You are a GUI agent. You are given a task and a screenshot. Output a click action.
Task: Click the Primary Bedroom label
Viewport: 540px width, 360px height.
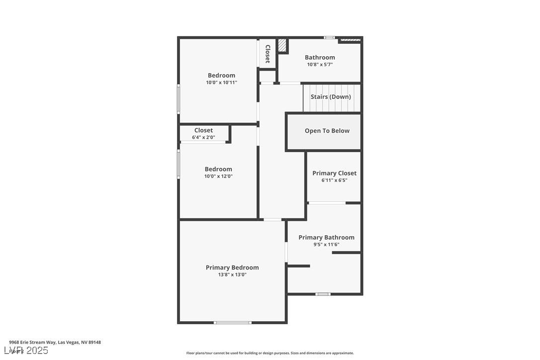coord(232,268)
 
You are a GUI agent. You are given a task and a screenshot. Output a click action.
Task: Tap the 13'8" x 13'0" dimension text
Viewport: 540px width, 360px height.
coord(232,274)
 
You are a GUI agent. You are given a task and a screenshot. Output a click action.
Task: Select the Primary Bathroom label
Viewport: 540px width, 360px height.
coord(326,237)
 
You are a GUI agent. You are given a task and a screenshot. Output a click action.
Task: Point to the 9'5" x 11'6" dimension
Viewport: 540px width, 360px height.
coord(326,244)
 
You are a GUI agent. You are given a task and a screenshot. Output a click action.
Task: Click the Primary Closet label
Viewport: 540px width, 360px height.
coord(334,173)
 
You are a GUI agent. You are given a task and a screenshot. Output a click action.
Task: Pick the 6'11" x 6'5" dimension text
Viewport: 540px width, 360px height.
coord(334,180)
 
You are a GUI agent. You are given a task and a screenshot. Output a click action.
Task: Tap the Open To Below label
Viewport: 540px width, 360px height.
coord(327,131)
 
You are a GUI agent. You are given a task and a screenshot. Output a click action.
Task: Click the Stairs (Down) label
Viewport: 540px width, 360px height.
coord(331,96)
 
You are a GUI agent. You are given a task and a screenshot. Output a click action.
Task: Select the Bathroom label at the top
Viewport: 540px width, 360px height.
coord(320,57)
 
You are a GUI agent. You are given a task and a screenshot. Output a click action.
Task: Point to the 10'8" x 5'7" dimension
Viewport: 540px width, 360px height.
coord(320,64)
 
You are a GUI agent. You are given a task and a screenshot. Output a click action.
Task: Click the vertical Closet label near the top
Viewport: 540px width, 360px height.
coord(268,54)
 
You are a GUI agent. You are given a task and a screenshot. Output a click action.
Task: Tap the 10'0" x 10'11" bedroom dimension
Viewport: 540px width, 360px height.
coord(221,83)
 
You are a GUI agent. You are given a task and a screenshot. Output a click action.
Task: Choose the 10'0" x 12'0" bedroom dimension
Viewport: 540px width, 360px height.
coord(218,176)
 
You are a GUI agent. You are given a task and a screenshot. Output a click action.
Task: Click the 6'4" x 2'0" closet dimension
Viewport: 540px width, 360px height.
coord(203,137)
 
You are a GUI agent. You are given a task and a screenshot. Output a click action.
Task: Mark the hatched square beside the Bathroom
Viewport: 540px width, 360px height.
coord(282,45)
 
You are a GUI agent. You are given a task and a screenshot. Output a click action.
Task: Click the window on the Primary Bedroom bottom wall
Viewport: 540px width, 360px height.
coord(232,323)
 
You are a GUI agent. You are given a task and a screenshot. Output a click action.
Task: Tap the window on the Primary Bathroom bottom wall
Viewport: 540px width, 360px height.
coord(323,294)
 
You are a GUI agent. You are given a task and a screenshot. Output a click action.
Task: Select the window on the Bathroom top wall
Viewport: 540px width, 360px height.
coord(329,37)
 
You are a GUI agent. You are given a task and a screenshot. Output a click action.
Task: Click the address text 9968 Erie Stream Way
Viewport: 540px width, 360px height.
coord(55,342)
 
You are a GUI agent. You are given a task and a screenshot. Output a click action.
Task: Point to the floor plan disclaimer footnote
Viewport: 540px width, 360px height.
coord(270,353)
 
